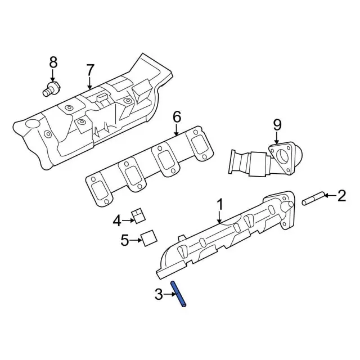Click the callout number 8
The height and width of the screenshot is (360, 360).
click(53, 62)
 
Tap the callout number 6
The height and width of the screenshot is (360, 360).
click(177, 117)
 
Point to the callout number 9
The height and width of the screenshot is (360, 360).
click(277, 124)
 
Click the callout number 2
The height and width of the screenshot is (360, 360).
click(341, 196)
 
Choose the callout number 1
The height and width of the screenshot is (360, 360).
click(220, 203)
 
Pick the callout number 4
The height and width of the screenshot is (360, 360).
click(117, 220)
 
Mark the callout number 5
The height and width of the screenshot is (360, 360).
click(125, 241)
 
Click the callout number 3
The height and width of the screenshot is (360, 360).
click(159, 293)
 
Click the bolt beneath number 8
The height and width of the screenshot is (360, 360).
click(52, 88)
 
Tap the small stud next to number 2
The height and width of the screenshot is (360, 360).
click(312, 199)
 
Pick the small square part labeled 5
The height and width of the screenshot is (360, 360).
click(148, 238)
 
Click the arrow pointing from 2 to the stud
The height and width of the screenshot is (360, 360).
click(329, 196)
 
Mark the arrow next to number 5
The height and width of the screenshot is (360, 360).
click(136, 241)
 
